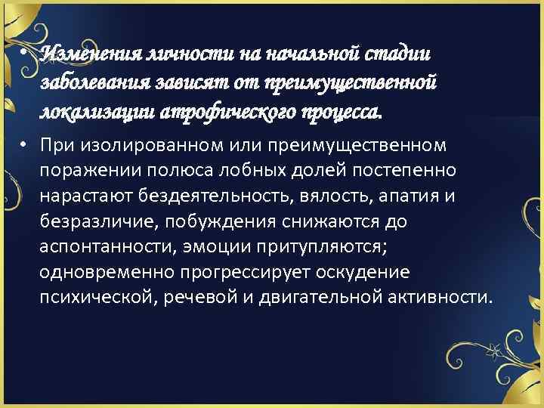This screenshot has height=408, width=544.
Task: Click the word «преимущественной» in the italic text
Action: tap(362, 83)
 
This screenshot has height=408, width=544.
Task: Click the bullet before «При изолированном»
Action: tap(26, 144)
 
